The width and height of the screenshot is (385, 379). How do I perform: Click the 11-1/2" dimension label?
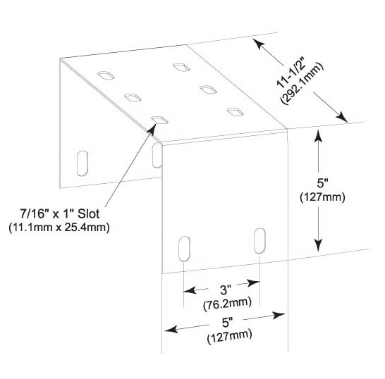[291, 73]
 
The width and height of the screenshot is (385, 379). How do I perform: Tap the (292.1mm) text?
[302, 84]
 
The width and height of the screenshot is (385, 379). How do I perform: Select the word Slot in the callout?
[89, 213]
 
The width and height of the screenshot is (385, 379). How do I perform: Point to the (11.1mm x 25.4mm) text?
[59, 228]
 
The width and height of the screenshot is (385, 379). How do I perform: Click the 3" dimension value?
[226, 290]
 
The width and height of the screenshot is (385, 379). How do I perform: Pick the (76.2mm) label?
[227, 303]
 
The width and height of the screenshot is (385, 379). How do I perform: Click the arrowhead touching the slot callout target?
[152, 128]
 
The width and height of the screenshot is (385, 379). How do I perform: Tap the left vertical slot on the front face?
[184, 249]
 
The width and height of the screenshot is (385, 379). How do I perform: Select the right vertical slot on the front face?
[259, 241]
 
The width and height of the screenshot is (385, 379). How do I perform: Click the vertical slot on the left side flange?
[82, 163]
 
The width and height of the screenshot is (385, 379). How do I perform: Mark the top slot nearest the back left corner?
[106, 75]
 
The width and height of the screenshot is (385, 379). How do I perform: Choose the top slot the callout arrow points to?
[159, 120]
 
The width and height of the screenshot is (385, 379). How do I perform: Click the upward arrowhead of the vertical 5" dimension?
[319, 135]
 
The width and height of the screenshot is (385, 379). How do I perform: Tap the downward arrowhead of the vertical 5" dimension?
[319, 245]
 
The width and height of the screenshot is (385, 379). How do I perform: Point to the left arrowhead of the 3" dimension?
[190, 290]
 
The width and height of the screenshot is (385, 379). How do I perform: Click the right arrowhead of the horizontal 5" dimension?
[279, 315]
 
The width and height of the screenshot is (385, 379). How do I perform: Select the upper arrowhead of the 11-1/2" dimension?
[259, 44]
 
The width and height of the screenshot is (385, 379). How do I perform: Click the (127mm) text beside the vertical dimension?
[322, 197]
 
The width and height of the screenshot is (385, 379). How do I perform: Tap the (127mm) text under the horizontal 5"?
[229, 337]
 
